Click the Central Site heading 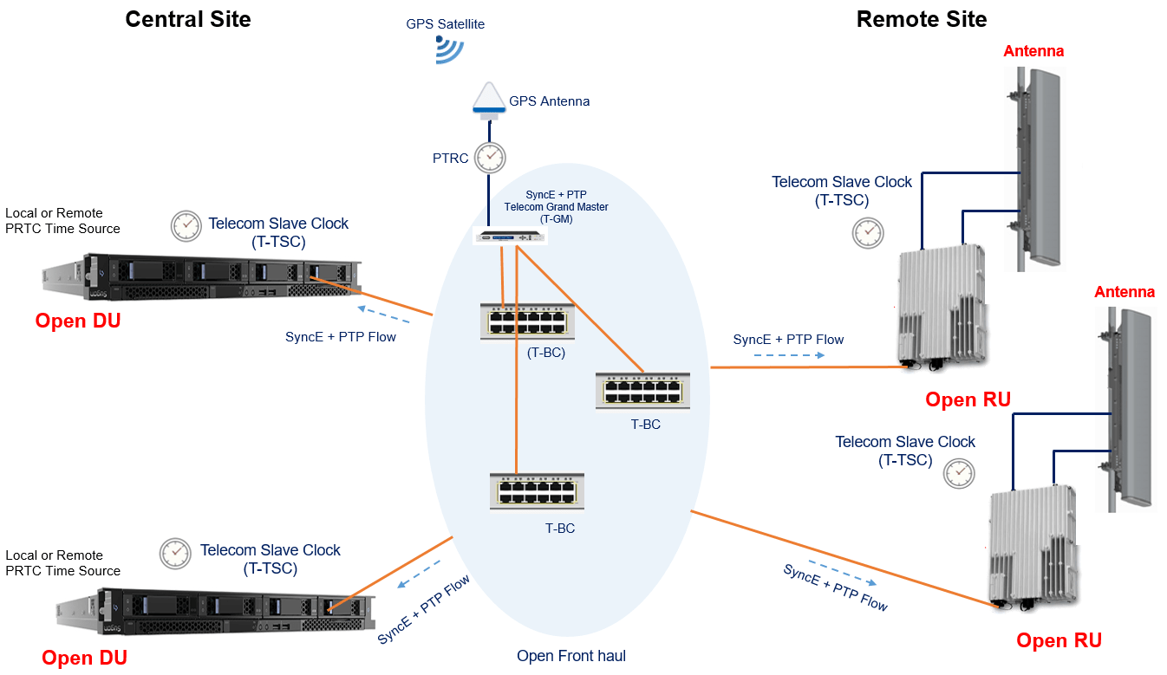[188, 20]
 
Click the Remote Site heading [922, 20]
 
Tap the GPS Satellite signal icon [448, 51]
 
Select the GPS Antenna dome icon [489, 98]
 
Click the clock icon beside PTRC [490, 157]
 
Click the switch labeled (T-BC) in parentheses [527, 321]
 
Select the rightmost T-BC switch [642, 390]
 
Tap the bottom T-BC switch [536, 491]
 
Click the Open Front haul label [570, 656]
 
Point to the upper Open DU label [77, 321]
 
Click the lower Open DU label [84, 659]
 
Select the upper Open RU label [968, 400]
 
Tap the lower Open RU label [1059, 641]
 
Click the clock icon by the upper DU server [185, 225]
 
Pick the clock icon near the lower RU [959, 473]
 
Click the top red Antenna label [1033, 51]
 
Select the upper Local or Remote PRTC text [62, 221]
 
